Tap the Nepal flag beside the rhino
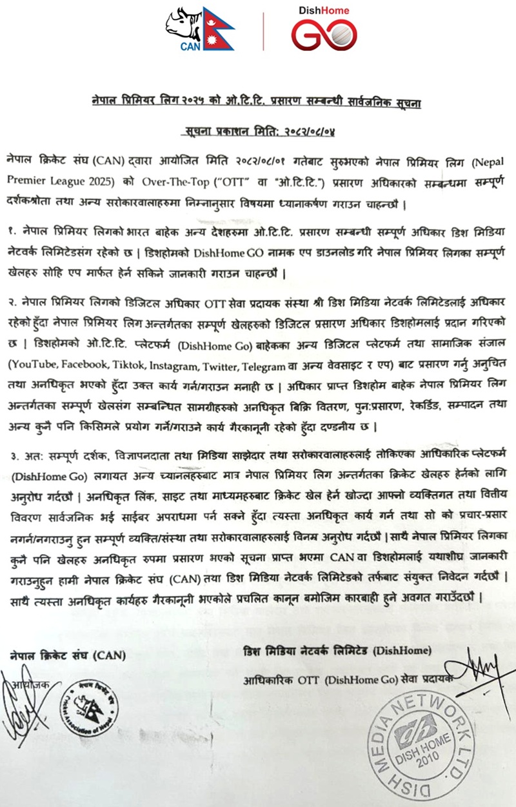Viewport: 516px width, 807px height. pos(218,28)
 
